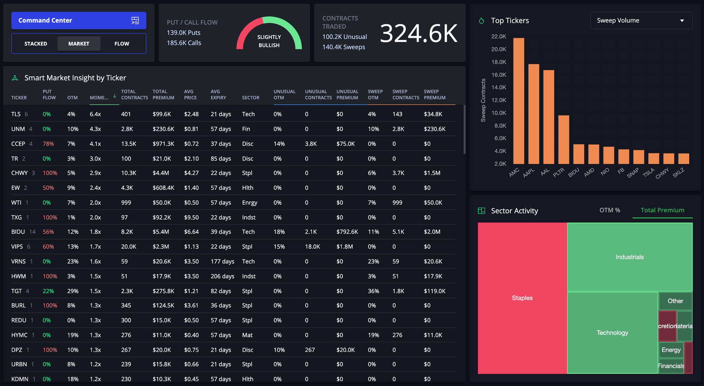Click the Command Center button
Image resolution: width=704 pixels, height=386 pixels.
[78, 20]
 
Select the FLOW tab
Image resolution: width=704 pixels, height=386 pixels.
[121, 44]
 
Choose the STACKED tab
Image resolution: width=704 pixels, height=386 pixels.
[36, 44]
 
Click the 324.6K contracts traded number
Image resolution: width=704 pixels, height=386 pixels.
[418, 33]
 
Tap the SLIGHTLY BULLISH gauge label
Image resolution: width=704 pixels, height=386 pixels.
[269, 41]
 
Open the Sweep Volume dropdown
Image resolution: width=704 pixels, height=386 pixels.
[641, 20]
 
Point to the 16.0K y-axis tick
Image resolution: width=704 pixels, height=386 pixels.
[498, 75]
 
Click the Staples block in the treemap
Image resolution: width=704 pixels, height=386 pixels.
[522, 298]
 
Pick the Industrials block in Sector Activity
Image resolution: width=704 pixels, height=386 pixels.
[629, 257]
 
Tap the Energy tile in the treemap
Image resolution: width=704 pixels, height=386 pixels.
[671, 350]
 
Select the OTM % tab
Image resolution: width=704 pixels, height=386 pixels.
[610, 210]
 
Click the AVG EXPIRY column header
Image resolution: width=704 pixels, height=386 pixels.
[218, 94]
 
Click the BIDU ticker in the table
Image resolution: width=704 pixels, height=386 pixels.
[18, 232]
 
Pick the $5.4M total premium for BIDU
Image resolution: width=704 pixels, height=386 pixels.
[161, 232]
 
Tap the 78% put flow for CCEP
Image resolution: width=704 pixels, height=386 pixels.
[48, 144]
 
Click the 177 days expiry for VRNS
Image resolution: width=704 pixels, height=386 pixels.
[222, 261]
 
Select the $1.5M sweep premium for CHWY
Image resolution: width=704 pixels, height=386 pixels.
[432, 173]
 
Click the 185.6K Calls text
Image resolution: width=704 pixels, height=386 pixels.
[184, 43]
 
